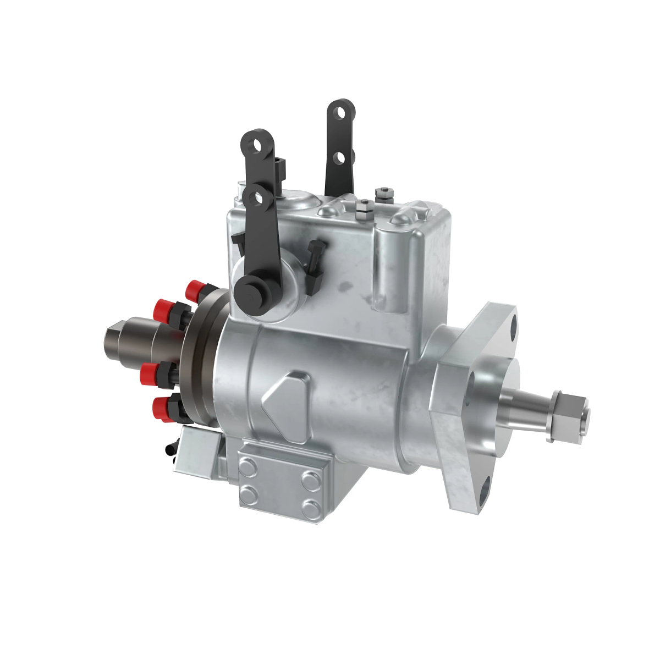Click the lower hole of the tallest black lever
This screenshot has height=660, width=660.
[339, 158]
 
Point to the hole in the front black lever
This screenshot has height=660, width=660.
[255, 196]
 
